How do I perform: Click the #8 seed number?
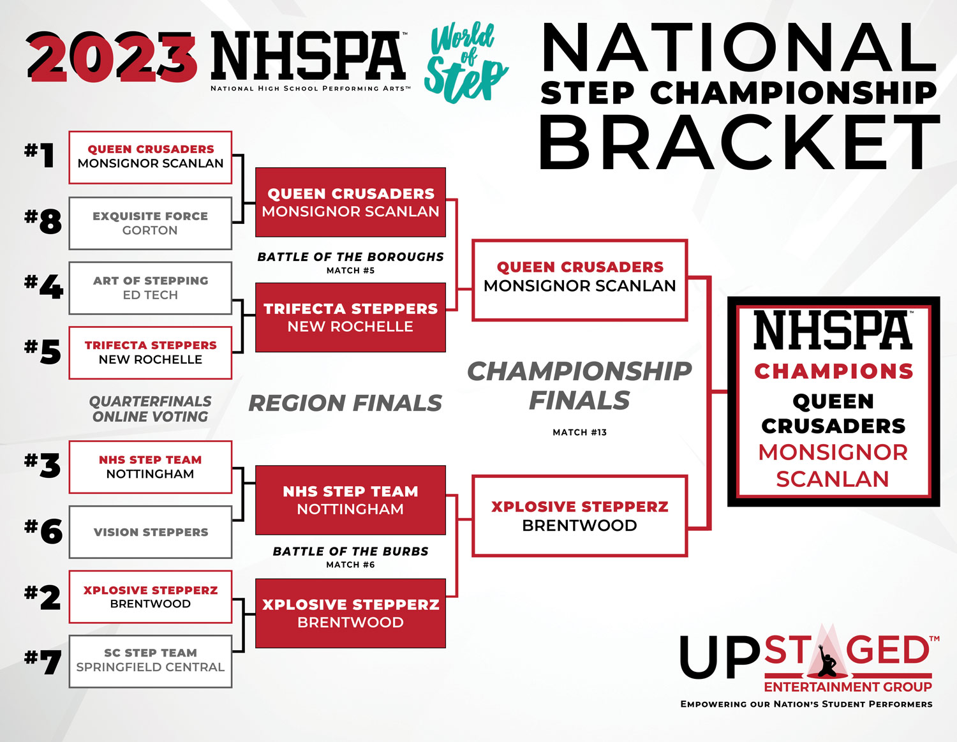coord(43,221)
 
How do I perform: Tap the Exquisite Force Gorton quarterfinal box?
coord(150,223)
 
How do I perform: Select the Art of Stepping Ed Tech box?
coord(150,288)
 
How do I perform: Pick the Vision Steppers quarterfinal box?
coord(150,532)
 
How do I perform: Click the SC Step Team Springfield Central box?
coord(150,662)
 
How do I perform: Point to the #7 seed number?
coord(43,662)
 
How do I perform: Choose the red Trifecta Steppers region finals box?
coord(350,318)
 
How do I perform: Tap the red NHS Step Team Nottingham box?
coord(350,500)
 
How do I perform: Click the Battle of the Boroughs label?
coord(350,256)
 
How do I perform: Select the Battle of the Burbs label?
coord(350,551)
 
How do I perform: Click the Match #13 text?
coord(579,433)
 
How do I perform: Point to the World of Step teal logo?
coord(466,63)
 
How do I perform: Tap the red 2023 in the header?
coord(112,57)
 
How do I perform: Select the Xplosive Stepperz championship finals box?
coord(579,516)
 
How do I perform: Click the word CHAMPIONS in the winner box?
coord(834,371)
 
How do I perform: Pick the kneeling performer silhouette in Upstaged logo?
coord(826,662)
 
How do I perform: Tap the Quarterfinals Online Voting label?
coord(150,409)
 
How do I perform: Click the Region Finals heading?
coord(345,403)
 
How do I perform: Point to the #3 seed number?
coord(43,466)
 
